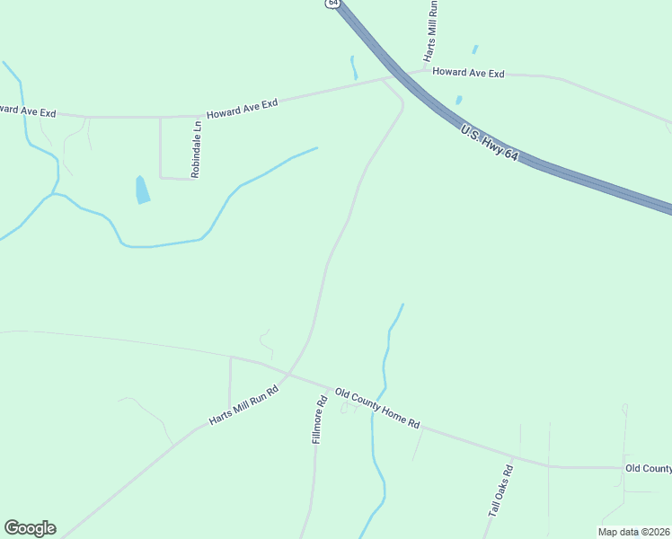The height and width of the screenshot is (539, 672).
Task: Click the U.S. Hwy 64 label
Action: pyautogui.click(x=491, y=144)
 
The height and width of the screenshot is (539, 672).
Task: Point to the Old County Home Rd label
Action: pyautogui.click(x=377, y=409)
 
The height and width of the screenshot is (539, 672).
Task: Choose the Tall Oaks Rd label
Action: pyautogui.click(x=500, y=490)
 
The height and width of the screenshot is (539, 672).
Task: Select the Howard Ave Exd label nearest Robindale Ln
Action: pyautogui.click(x=242, y=109)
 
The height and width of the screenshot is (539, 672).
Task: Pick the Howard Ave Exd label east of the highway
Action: pyautogui.click(x=468, y=73)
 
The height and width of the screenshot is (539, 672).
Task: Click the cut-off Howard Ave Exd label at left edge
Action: pyautogui.click(x=28, y=111)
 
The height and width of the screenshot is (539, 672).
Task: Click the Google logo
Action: pyautogui.click(x=30, y=528)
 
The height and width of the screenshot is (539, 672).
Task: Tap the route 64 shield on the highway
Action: pyautogui.click(x=333, y=4)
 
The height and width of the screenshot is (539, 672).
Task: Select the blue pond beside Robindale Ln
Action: pyautogui.click(x=142, y=190)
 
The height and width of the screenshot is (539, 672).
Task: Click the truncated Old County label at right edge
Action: pyautogui.click(x=648, y=468)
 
